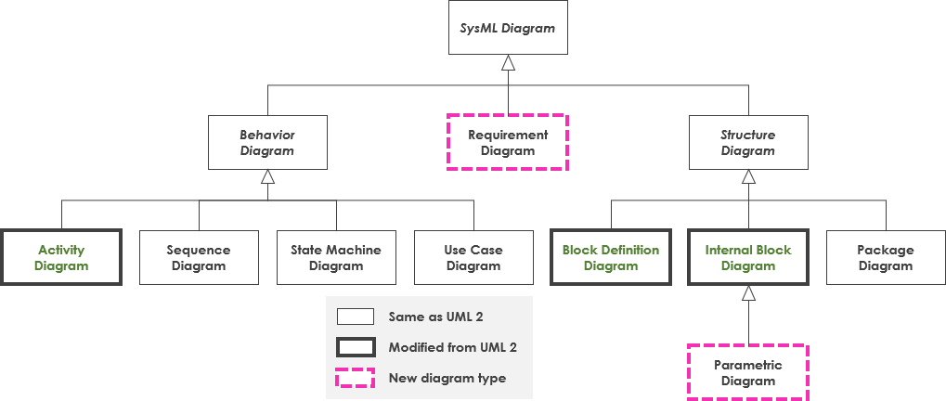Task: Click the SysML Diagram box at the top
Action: pyautogui.click(x=508, y=28)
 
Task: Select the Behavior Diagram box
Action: pyautogui.click(x=267, y=143)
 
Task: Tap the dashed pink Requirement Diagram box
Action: pyautogui.click(x=508, y=142)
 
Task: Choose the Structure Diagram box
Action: pyautogui.click(x=748, y=143)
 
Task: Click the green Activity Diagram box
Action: pyautogui.click(x=61, y=258)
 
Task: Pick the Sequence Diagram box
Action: pyautogui.click(x=199, y=258)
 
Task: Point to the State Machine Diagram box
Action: pyautogui.click(x=336, y=258)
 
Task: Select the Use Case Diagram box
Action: pyautogui.click(x=473, y=258)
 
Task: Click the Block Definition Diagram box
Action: pyautogui.click(x=611, y=258)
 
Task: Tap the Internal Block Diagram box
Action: pyautogui.click(x=748, y=258)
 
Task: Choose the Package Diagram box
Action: pyautogui.click(x=886, y=258)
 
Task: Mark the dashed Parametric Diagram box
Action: pyautogui.click(x=748, y=372)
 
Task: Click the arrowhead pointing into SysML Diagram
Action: pyautogui.click(x=508, y=63)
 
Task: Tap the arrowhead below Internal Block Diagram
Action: pyautogui.click(x=748, y=293)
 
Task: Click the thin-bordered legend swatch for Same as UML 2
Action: pyautogui.click(x=356, y=317)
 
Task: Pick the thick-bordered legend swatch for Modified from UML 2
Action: pyautogui.click(x=356, y=347)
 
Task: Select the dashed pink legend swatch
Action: pyautogui.click(x=356, y=378)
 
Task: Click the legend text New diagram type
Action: pyautogui.click(x=447, y=378)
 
